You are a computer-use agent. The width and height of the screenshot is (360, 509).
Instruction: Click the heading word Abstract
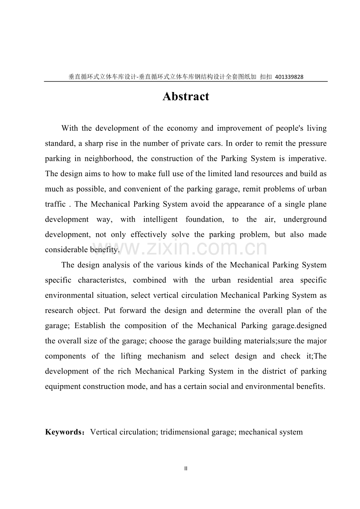point(186,96)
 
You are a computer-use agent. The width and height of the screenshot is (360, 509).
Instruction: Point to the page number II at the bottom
point(186,468)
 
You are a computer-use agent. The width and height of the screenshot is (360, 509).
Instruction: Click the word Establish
point(90,326)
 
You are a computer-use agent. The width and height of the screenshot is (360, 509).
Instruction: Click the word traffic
point(55,204)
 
